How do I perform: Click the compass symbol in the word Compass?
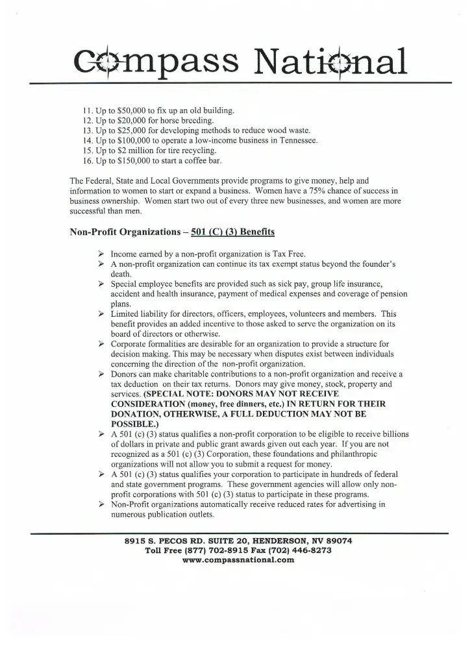pyautogui.click(x=108, y=60)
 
